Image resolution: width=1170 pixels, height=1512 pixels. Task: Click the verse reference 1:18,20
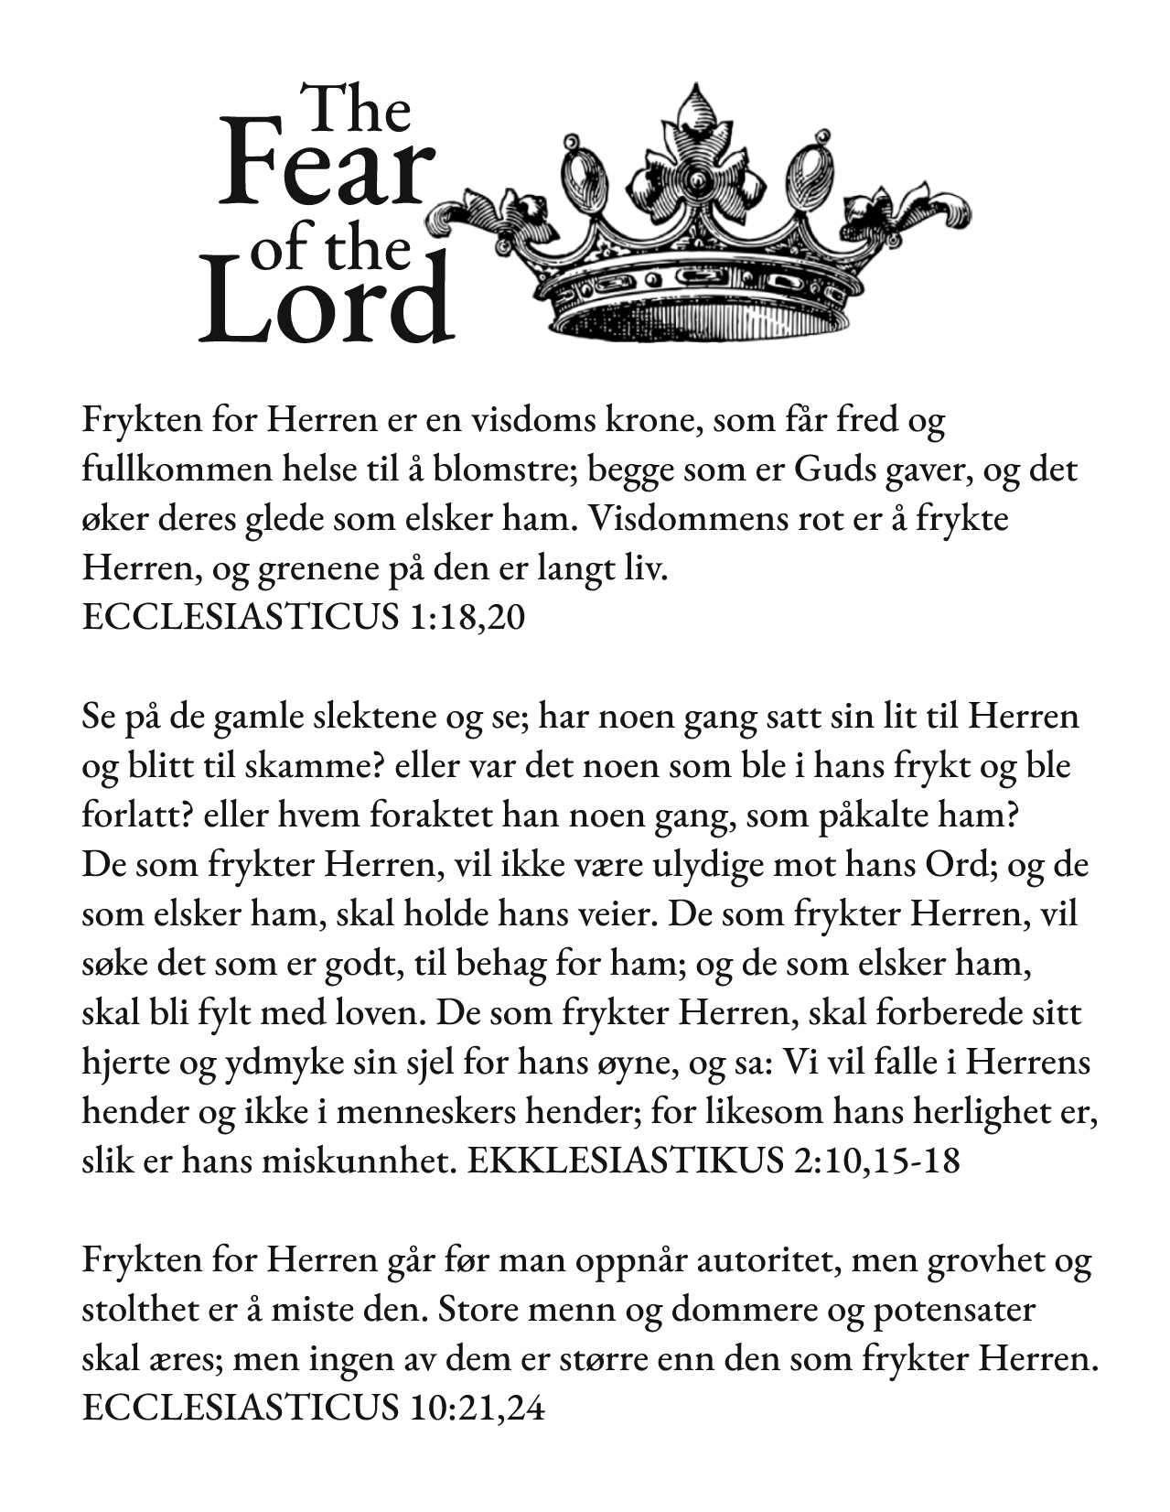pyautogui.click(x=464, y=618)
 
